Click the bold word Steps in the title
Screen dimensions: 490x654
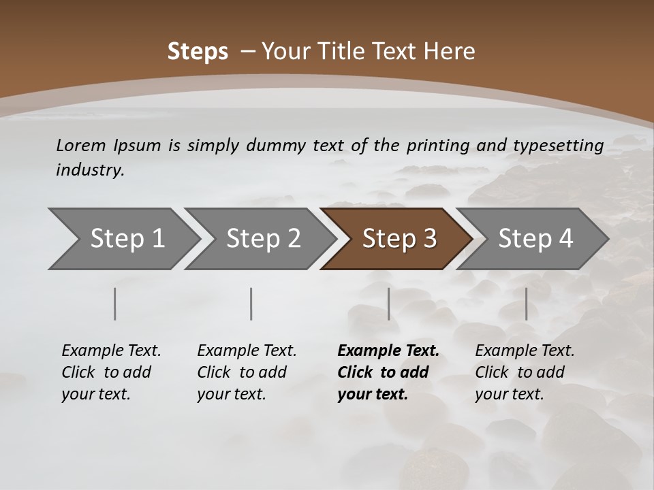[x=198, y=52]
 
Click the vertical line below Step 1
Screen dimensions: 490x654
[x=115, y=304]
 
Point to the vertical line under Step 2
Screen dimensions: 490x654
[x=251, y=304]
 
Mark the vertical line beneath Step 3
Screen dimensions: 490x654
[x=389, y=304]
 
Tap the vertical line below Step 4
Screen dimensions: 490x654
[x=526, y=304]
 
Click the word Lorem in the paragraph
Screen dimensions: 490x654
[x=81, y=146]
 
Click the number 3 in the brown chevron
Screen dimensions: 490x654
[x=429, y=239]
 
